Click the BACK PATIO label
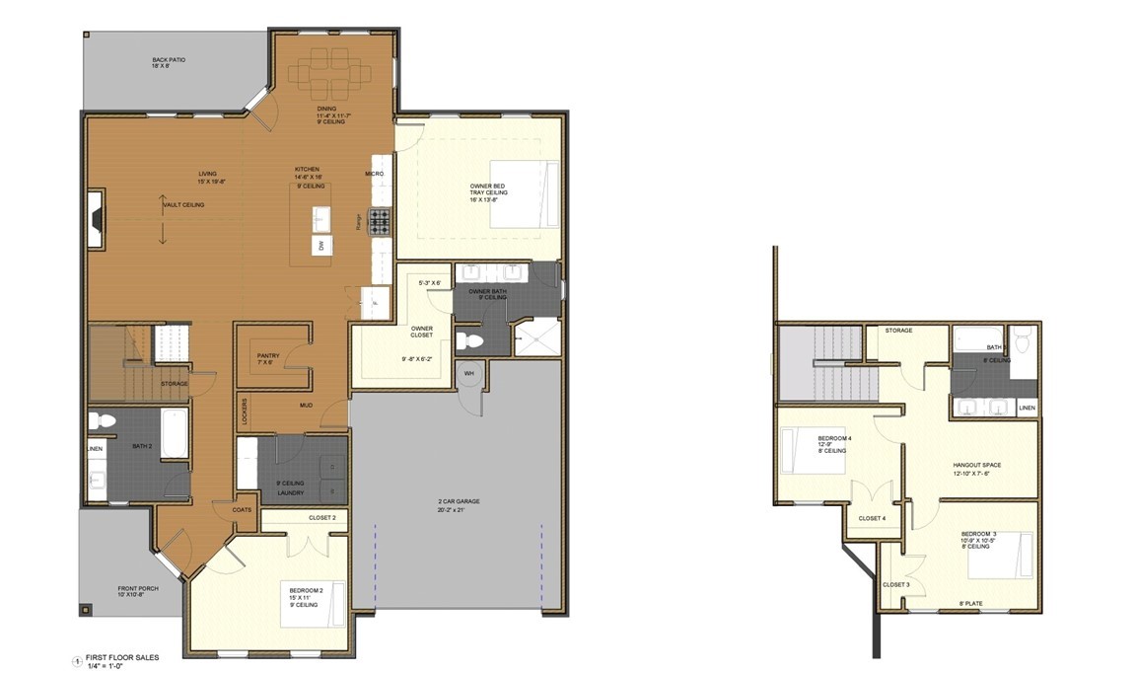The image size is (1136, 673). tap(169, 60)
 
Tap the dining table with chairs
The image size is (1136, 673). tap(331, 71)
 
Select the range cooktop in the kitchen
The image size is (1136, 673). tap(380, 220)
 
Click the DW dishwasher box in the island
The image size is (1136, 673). tap(320, 245)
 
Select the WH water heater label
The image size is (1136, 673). tap(469, 373)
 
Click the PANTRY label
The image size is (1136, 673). tap(268, 355)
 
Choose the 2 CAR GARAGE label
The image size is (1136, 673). tap(461, 501)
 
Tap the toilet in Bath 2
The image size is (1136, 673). tap(100, 421)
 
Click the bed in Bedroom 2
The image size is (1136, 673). tap(324, 602)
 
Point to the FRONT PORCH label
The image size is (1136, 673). tap(131, 588)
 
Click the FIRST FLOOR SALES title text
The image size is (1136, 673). tap(119, 657)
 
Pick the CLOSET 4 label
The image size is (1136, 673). tap(872, 518)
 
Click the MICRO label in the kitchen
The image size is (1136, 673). tap(374, 174)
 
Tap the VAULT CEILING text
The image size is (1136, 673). tap(184, 204)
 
